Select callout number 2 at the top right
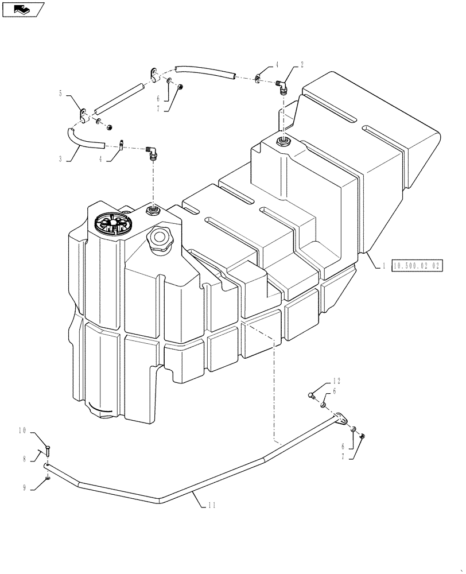click(x=302, y=65)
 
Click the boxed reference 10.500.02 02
click(x=417, y=266)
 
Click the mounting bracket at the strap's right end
click(x=342, y=420)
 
